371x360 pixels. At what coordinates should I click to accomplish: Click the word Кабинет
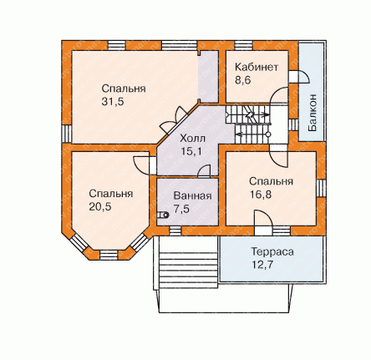tap(257, 68)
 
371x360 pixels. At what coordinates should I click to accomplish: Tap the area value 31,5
tap(113, 102)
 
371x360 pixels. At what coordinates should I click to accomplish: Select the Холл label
tap(192, 139)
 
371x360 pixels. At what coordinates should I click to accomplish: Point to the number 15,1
tap(191, 151)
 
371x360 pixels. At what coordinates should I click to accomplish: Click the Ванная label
tap(192, 195)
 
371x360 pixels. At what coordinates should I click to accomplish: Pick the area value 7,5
tap(181, 209)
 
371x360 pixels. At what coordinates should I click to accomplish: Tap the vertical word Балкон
tap(313, 113)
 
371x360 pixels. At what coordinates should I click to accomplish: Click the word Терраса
tap(272, 251)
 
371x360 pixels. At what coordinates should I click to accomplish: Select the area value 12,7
tap(262, 265)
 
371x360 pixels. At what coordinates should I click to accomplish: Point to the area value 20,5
tap(100, 207)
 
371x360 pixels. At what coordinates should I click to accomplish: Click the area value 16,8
tap(260, 195)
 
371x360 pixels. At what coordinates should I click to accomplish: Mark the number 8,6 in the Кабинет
tap(243, 80)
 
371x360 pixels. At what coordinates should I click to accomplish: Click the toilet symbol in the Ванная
tap(163, 215)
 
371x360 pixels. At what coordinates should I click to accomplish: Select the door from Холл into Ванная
tap(204, 171)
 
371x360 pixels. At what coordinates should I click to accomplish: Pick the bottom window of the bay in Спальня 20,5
tap(109, 255)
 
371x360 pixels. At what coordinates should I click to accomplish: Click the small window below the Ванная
tap(175, 231)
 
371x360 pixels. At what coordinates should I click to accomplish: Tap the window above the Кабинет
tap(244, 45)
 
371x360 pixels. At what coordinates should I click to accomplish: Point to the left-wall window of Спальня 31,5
tap(67, 134)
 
